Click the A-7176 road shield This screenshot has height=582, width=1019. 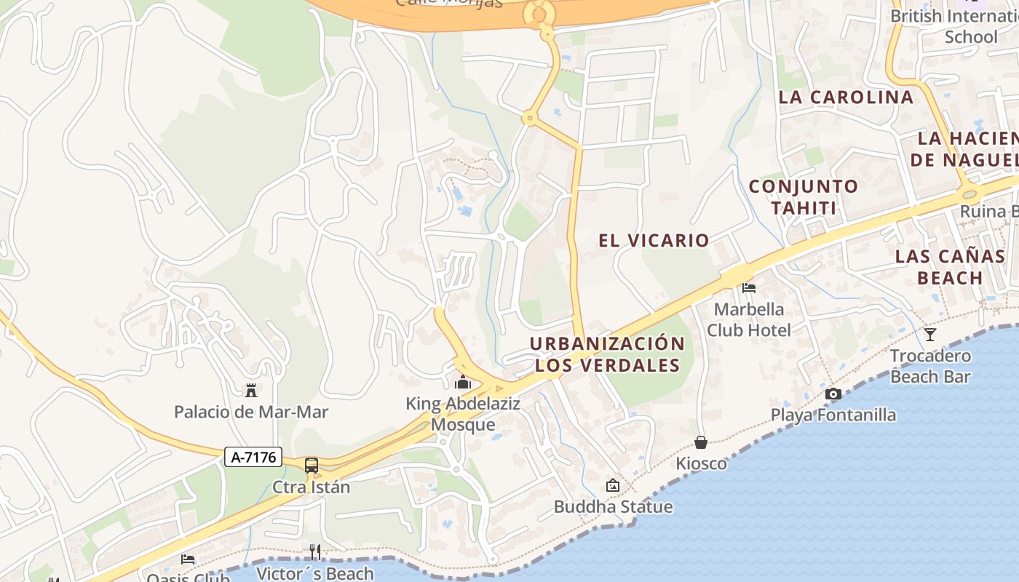(x=253, y=457)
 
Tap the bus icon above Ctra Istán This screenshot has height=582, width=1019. (x=312, y=466)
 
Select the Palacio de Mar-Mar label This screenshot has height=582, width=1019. (x=251, y=412)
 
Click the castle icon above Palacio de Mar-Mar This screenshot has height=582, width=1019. (x=251, y=391)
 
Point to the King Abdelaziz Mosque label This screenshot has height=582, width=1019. (x=463, y=414)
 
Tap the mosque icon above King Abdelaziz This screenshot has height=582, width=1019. (x=463, y=382)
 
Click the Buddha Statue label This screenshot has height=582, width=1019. (x=613, y=506)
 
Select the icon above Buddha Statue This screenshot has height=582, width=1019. (x=613, y=485)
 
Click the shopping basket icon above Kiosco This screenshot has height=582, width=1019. (x=701, y=442)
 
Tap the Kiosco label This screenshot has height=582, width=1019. (x=701, y=463)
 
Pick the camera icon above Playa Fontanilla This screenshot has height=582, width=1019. (x=833, y=394)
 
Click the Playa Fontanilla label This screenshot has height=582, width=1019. (x=833, y=415)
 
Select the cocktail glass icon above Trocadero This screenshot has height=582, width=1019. (x=929, y=335)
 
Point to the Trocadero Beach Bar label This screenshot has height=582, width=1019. (x=930, y=366)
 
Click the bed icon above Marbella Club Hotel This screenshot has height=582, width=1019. (x=749, y=288)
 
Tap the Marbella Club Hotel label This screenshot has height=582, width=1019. (x=749, y=319)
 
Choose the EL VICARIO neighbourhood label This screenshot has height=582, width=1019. (x=654, y=241)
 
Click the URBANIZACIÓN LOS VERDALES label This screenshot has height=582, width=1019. (x=607, y=354)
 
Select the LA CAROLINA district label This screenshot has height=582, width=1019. (x=845, y=97)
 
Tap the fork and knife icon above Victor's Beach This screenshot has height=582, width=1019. (x=315, y=551)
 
